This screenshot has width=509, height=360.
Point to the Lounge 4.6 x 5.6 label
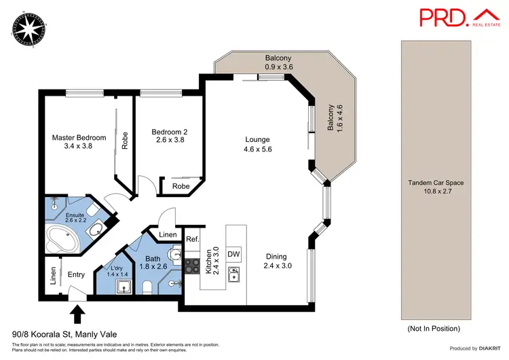tap(257, 145)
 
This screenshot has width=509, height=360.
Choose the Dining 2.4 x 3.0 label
tap(276, 261)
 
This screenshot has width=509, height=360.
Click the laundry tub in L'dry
tap(123, 287)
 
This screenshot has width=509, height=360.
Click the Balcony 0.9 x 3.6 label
tap(278, 62)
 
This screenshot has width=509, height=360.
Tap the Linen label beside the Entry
tap(53, 275)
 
